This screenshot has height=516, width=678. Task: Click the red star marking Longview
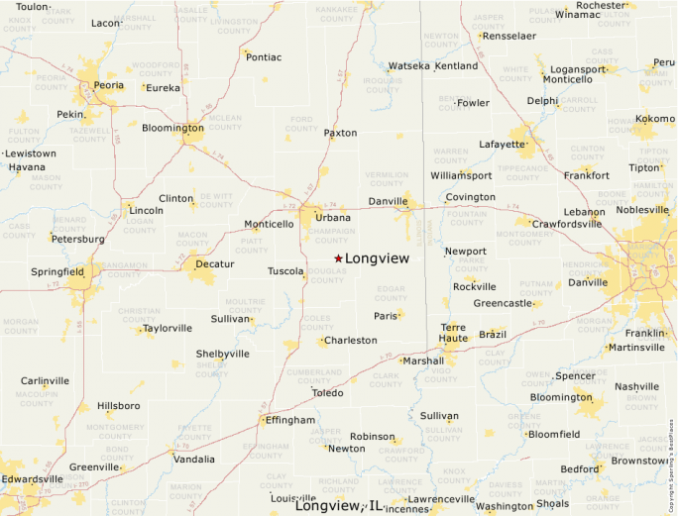point(338,258)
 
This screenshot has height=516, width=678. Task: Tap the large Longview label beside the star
point(377,258)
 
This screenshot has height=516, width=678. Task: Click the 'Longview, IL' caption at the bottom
point(339,506)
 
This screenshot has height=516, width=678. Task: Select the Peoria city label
point(108,85)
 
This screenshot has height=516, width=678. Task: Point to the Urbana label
point(333,217)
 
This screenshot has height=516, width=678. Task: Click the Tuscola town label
point(285,270)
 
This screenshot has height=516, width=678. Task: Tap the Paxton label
point(341,133)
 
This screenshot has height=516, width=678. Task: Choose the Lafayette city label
point(503,144)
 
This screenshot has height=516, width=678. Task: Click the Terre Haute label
point(453,332)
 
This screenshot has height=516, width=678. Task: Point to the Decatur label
point(215,263)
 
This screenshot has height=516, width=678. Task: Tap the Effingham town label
point(290,420)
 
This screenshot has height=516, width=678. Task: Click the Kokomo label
point(654,119)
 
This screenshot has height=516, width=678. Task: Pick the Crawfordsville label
point(566,224)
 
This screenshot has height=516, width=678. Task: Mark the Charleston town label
point(351,340)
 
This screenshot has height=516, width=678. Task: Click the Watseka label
point(409,66)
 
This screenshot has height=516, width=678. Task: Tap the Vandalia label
point(193,460)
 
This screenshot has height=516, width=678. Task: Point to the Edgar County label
point(392,292)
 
